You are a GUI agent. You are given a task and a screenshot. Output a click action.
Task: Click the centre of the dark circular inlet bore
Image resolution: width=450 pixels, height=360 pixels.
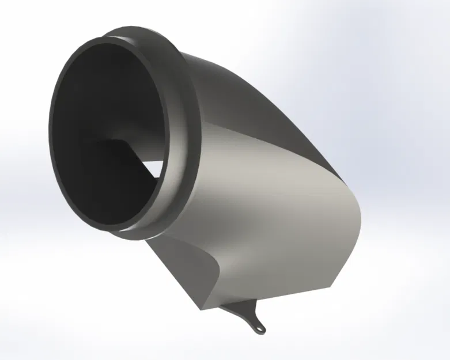click(x=109, y=135)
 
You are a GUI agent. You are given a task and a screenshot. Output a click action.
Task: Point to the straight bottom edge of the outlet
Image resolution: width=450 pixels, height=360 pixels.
click(x=265, y=298)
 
